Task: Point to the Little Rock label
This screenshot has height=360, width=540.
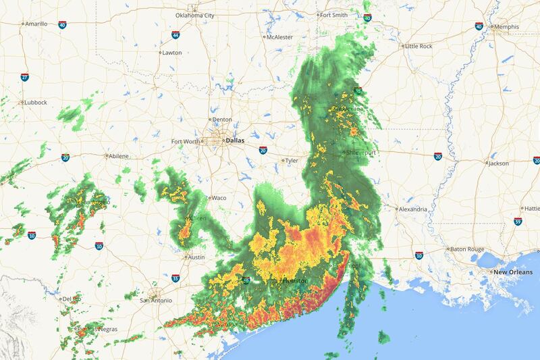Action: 418,46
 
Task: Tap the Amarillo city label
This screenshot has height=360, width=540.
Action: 36,23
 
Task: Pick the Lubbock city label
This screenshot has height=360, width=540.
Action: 35,102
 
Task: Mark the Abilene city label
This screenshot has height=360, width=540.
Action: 117,155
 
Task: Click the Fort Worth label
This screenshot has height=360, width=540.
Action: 186,141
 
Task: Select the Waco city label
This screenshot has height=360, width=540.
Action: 219,198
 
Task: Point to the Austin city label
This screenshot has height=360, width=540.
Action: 195,257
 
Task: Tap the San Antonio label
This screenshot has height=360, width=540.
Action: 155,300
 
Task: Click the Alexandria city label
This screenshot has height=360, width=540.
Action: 412,209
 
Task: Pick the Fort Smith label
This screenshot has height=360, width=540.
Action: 334,15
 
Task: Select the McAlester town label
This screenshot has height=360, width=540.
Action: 280,36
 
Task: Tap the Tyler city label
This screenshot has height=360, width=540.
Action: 291,161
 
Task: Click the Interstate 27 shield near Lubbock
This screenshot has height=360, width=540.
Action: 24,78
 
